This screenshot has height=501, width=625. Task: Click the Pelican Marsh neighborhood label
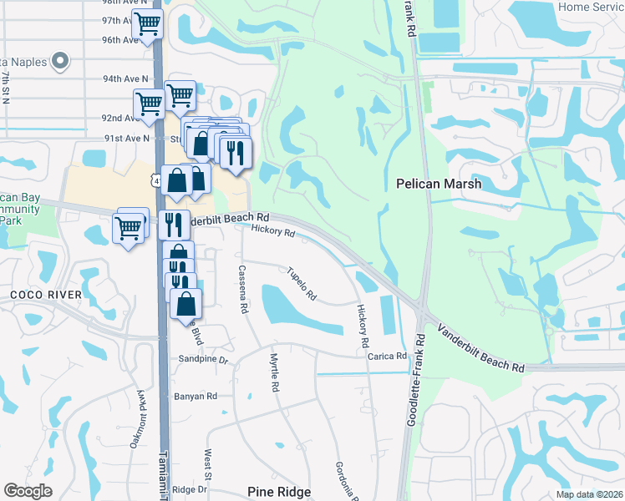pyautogui.click(x=439, y=183)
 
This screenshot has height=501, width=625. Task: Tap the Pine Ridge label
pyautogui.click(x=279, y=493)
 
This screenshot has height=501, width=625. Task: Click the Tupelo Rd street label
pyautogui.click(x=302, y=284)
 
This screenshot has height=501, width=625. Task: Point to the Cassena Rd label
pyautogui.click(x=243, y=289)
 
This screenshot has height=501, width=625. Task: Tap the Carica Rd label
pyautogui.click(x=387, y=357)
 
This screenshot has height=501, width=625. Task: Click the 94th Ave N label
pyautogui.click(x=125, y=78)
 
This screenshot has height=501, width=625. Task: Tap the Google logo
pyautogui.click(x=28, y=490)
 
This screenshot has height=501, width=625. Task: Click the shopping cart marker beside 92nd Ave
pyautogui.click(x=149, y=104)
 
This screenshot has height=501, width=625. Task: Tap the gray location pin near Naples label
pyautogui.click(x=59, y=60)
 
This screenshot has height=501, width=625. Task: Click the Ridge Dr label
pyautogui.click(x=190, y=489)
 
